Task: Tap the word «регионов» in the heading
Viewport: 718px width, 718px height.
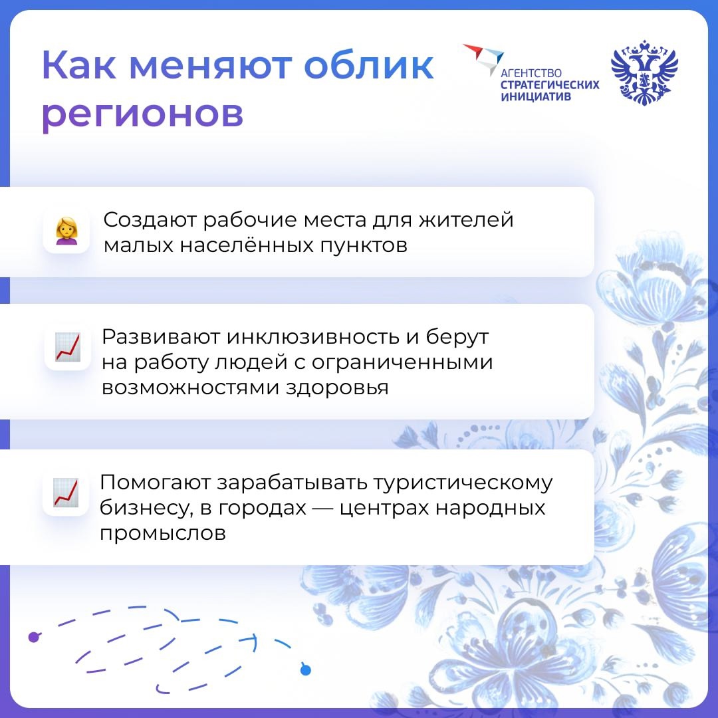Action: [142, 114]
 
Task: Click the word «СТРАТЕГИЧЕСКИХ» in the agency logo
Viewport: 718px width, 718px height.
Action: [549, 85]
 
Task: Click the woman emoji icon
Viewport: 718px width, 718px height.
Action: [66, 231]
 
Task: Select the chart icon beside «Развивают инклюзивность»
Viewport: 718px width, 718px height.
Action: [67, 347]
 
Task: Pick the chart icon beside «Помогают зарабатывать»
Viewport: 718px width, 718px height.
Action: [66, 493]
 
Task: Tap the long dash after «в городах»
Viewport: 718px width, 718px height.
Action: [322, 509]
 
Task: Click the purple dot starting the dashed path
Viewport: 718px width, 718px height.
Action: [34, 637]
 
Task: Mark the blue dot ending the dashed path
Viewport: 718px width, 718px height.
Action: [305, 669]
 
